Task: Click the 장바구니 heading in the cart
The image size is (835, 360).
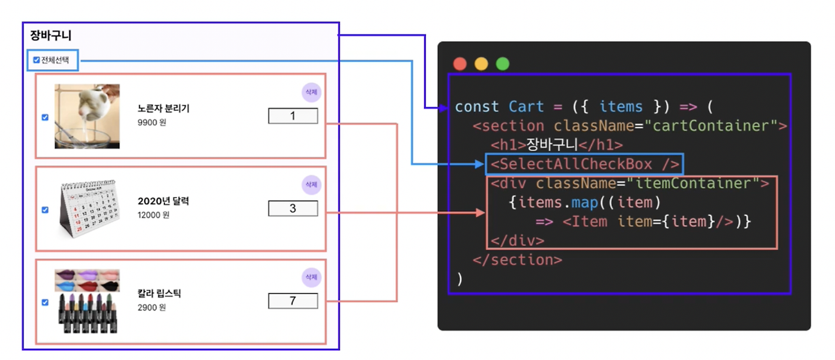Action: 51,36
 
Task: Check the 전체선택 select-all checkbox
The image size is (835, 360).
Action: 37,60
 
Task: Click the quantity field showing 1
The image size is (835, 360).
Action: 293,116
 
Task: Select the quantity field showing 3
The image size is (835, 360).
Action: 293,209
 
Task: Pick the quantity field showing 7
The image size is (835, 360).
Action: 293,301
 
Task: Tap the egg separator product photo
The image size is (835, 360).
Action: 87,116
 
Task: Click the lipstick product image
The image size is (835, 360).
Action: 87,301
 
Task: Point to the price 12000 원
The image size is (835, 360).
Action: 153,215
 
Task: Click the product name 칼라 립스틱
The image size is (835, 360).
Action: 159,293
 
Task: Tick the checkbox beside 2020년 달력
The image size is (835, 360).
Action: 45,210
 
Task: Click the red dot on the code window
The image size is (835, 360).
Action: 460,64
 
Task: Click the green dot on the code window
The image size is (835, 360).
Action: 502,64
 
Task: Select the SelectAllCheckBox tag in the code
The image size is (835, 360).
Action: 585,164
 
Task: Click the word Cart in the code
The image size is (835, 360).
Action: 526,106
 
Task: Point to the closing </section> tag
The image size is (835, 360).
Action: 517,260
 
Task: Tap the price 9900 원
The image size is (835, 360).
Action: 151,122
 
